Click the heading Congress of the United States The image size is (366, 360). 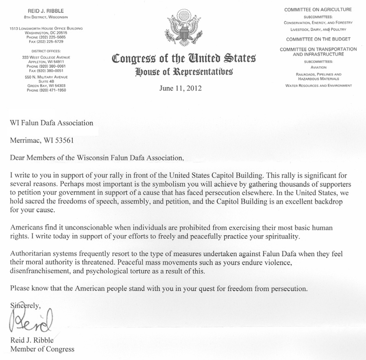[x=183, y=59]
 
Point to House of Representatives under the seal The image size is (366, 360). [x=184, y=72]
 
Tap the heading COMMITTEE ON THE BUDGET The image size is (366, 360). [x=318, y=39]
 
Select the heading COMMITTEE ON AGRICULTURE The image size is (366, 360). [x=318, y=9]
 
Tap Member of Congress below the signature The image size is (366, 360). [x=42, y=349]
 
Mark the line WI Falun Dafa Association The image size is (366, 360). [x=52, y=123]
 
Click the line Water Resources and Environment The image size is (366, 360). [x=318, y=86]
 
